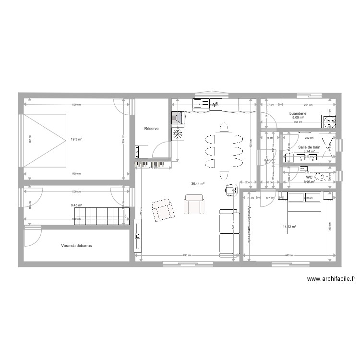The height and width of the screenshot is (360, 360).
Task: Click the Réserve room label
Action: click(152, 129)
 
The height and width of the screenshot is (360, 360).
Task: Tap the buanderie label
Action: click(297, 114)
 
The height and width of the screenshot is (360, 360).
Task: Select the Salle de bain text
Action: click(309, 147)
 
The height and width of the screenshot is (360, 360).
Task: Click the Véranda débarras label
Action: click(76, 245)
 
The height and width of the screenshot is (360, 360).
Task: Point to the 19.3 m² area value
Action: click(76, 140)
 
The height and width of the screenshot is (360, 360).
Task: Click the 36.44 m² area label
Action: click(198, 183)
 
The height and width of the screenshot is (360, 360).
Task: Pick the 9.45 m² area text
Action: click(76, 205)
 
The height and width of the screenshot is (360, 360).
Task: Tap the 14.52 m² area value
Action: click(289, 227)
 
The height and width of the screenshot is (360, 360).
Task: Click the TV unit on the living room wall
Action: click(138, 236)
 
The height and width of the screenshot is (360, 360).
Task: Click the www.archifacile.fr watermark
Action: click(331, 279)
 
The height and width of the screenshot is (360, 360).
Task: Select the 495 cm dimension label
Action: click(187, 255)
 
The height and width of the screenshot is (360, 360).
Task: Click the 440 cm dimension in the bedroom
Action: click(288, 255)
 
